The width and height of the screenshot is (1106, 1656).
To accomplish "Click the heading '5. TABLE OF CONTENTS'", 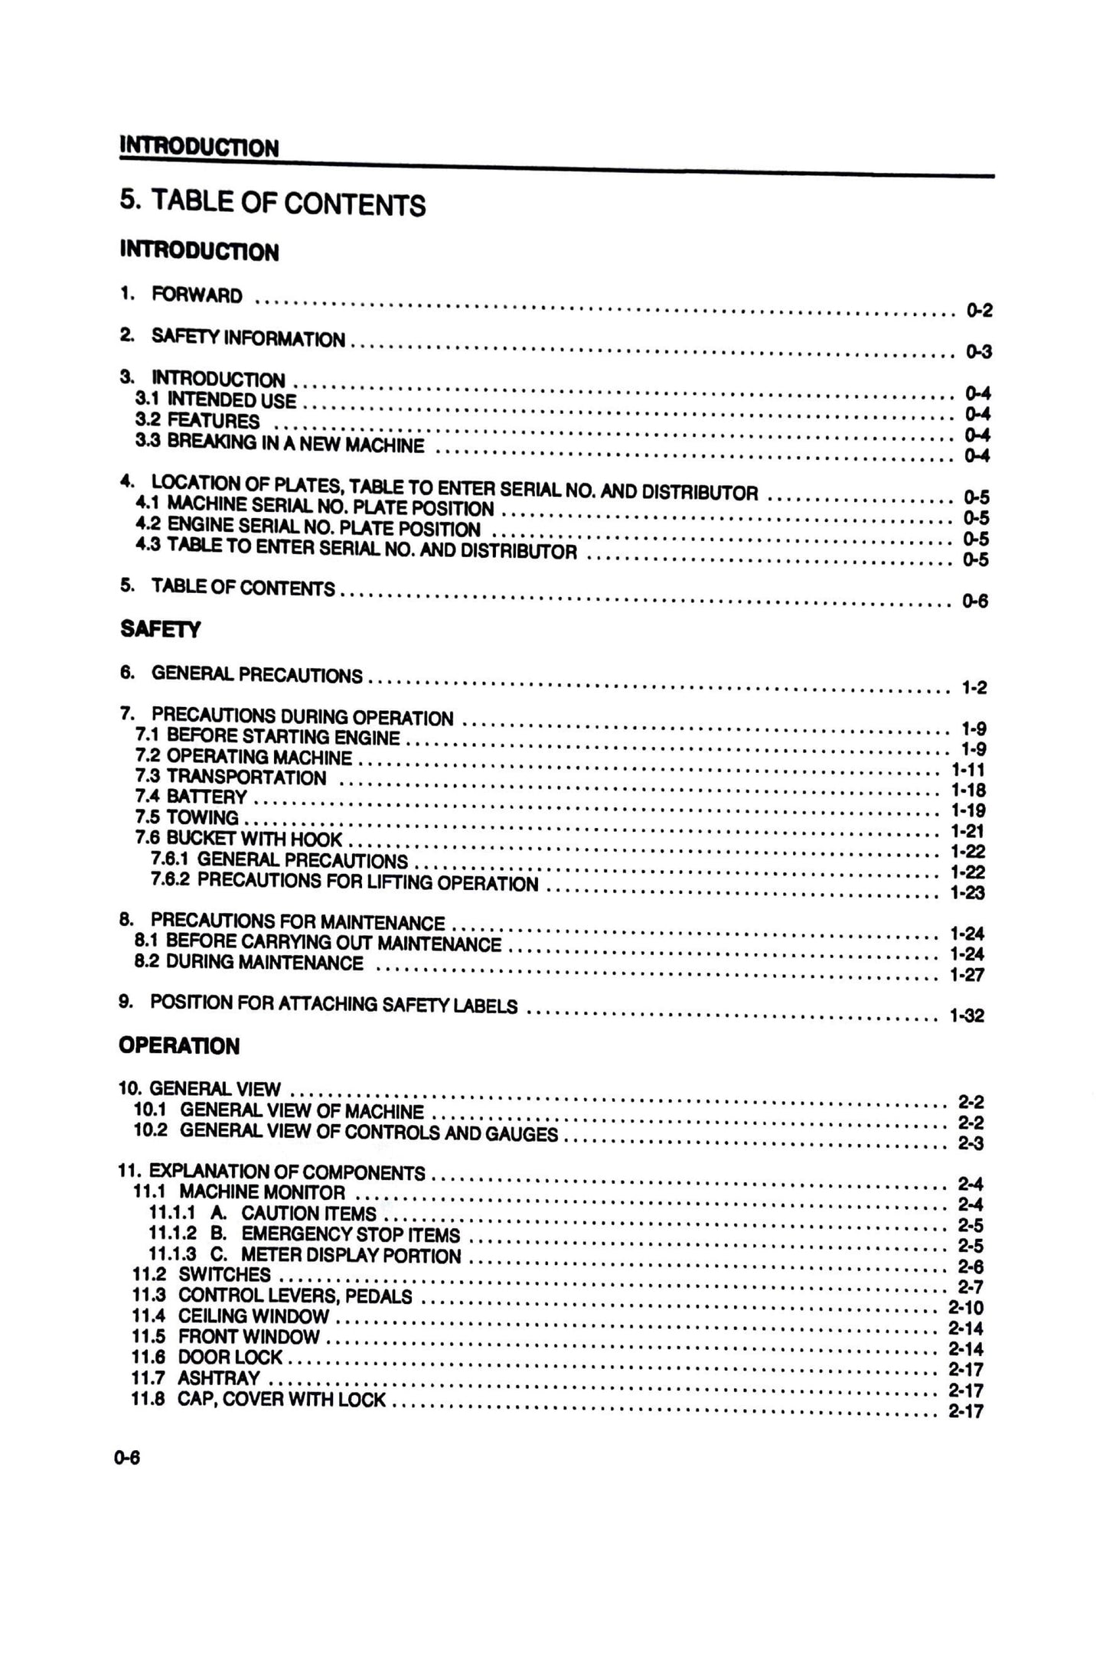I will coord(272,202).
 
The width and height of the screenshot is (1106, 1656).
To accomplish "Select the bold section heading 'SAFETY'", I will coord(161,630).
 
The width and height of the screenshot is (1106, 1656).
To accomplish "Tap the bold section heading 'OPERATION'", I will coord(179,1046).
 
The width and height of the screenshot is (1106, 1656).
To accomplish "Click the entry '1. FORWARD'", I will coord(181,295).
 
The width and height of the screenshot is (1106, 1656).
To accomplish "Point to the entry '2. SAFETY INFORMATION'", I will coord(233,337).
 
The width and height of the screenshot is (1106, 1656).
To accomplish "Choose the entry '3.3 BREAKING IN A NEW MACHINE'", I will coord(279,443).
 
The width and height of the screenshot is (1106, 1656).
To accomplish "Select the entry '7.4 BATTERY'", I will coord(191,797).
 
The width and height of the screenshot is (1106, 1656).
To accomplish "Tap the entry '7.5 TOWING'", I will coord(187,818).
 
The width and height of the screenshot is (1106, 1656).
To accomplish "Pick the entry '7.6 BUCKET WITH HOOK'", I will coord(238,839).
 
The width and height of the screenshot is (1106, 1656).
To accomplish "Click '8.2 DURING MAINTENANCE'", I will coord(249,963).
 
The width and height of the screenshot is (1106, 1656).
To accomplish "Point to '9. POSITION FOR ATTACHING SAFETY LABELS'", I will coord(318,1004).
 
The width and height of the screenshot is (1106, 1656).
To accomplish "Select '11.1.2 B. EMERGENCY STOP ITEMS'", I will coord(305,1234).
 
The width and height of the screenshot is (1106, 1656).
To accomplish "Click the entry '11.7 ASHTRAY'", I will coord(197,1378).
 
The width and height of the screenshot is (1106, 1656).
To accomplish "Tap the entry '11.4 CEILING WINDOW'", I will coord(230,1316).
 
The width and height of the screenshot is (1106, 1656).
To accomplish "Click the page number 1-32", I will coord(966,1015).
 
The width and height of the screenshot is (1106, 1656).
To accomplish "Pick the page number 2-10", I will coord(965,1308).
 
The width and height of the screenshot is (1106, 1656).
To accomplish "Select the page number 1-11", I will coord(967,769).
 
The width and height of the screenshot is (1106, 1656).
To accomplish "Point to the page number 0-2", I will coord(978,310).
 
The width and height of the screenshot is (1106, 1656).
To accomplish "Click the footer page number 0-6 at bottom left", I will coord(127,1458).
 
